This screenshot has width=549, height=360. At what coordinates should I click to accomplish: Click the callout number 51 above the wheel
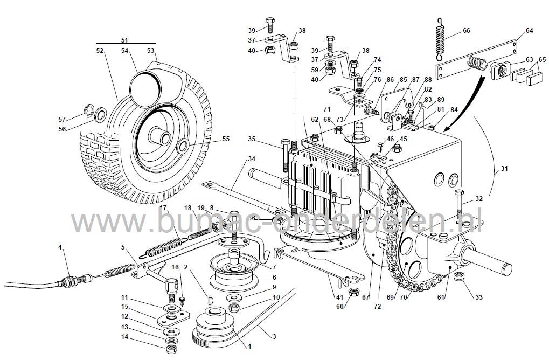[124, 40]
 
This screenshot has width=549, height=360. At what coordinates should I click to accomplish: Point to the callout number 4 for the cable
[60, 247]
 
